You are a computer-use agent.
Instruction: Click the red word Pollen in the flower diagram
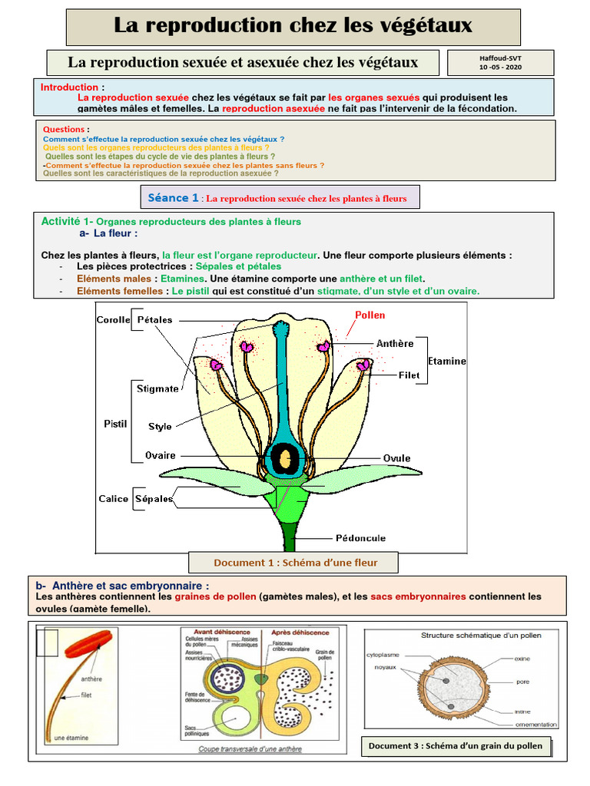[370, 315]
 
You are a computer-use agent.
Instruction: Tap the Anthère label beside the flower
[395, 343]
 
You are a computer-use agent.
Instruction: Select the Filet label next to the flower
[409, 375]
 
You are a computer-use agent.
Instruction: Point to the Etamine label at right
[446, 361]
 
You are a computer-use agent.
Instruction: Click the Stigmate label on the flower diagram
[157, 388]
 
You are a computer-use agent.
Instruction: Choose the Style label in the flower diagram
[160, 426]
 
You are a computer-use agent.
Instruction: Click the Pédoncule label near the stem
[360, 537]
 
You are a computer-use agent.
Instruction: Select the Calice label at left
[113, 499]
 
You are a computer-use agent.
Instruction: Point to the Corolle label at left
[113, 319]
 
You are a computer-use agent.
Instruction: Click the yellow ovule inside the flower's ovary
[285, 458]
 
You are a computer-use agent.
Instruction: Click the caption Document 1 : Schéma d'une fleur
[295, 563]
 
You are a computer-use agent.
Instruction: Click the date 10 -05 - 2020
[500, 67]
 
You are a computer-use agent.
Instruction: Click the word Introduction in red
[69, 88]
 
